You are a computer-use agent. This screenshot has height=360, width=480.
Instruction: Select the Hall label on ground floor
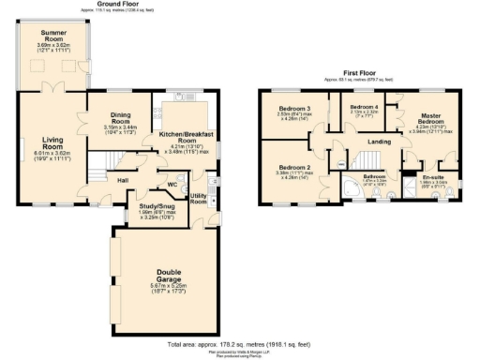(x=123, y=179)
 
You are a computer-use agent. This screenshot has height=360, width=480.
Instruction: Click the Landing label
(x=379, y=142)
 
